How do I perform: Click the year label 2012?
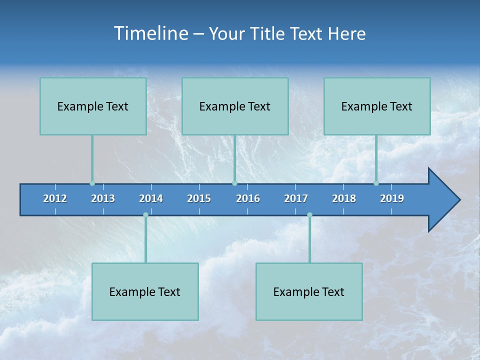tap(55, 198)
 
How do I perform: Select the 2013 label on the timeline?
tap(103, 198)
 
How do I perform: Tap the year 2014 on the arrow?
tap(151, 198)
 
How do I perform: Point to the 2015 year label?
tap(199, 198)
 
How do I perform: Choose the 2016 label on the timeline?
tap(248, 198)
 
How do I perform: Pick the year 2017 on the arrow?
tap(296, 198)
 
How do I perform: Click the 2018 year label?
tap(344, 198)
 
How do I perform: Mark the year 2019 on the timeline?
tap(392, 198)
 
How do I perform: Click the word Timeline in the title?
tap(150, 33)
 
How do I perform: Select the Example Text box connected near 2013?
tap(93, 106)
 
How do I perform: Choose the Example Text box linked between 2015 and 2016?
tap(235, 106)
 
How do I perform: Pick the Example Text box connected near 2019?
tap(377, 106)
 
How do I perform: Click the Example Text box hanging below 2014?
tap(145, 291)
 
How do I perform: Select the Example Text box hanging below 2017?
tap(309, 291)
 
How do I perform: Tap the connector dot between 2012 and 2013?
tap(92, 183)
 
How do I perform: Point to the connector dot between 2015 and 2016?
tap(234, 183)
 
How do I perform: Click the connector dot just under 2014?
tap(145, 215)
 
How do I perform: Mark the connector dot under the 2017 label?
tap(309, 215)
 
